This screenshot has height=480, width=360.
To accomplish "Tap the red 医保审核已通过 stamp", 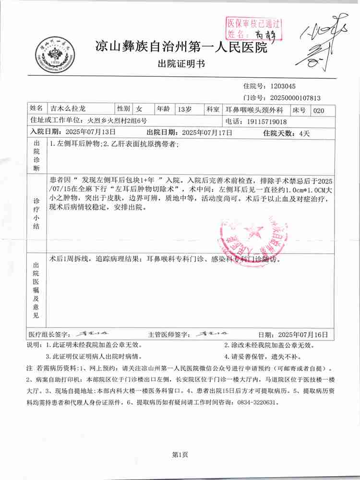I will tap(253, 28).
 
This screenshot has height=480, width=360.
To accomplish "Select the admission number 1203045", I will tap(283, 87).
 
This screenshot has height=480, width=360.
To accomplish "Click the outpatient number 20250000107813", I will tap(295, 98).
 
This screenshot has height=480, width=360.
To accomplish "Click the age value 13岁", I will tap(184, 109).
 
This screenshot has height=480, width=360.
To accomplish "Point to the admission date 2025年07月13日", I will tap(90, 132).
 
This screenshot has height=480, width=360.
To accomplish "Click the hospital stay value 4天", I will tap(304, 132).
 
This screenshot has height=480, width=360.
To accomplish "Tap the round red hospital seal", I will tap(251, 238).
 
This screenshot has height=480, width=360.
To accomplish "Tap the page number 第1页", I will tap(180, 455).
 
